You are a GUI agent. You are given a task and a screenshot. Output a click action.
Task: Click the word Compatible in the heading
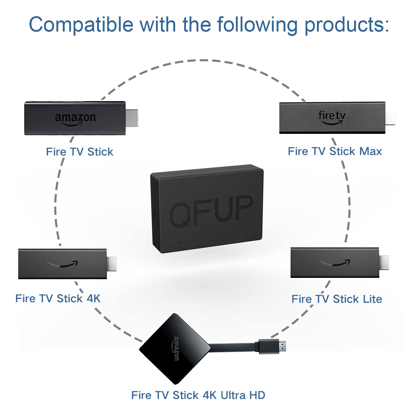coord(81,25)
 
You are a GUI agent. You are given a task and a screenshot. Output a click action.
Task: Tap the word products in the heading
coord(347,25)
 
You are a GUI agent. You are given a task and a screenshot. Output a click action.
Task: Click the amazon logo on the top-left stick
coord(75,119)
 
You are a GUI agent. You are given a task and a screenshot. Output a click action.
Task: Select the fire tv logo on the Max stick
coord(332,117)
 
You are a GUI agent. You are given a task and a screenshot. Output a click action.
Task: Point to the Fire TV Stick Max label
coord(335,151)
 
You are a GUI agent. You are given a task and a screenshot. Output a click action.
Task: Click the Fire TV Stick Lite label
coord(337,299)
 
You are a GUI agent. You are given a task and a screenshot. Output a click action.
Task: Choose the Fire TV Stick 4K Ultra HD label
coord(198,395)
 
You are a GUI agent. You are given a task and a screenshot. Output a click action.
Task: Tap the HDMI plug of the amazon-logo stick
coord(132,118)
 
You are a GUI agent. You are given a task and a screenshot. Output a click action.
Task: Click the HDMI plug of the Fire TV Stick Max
coord(390,118)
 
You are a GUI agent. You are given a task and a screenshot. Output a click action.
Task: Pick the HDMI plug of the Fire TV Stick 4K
coord(112,264)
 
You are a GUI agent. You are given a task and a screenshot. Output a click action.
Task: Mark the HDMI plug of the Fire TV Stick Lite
coord(384,262)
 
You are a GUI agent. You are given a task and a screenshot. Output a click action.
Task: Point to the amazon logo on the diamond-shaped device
coord(176,349)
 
